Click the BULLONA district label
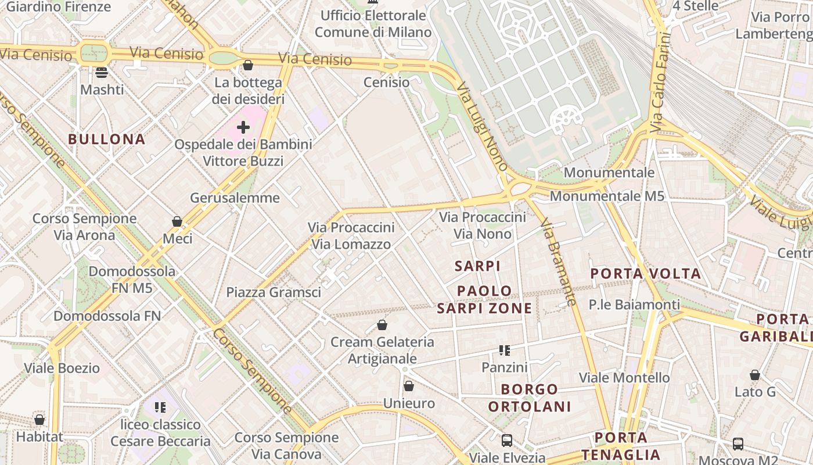tap(106, 139)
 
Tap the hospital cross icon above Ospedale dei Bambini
tap(243, 127)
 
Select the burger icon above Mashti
tap(102, 73)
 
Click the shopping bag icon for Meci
tap(177, 221)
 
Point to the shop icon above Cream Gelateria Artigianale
tap(382, 325)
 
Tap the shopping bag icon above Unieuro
tap(409, 386)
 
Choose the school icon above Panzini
tap(505, 350)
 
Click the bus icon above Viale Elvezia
tap(507, 441)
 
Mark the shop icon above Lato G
tap(755, 375)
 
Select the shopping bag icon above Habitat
tap(39, 419)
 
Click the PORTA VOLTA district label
tap(646, 274)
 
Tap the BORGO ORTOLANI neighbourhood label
tap(529, 398)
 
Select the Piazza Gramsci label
tap(274, 292)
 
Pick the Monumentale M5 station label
tap(607, 196)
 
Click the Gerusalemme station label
tap(235, 198)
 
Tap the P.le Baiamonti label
tap(634, 305)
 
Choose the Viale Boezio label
tap(62, 369)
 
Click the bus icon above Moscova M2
tap(738, 444)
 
